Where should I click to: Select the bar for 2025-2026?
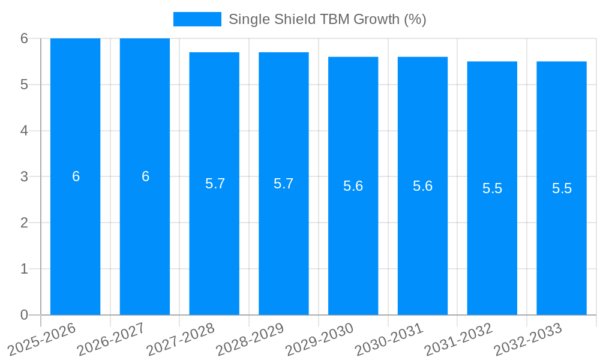pyautogui.click(x=75, y=176)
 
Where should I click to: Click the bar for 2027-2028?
pyautogui.click(x=214, y=184)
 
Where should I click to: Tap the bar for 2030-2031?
pyautogui.click(x=422, y=186)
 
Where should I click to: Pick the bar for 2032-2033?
pyautogui.click(x=562, y=188)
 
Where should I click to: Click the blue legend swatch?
pyautogui.click(x=197, y=19)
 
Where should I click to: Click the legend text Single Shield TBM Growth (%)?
pyautogui.click(x=327, y=19)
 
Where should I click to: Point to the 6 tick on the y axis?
pyautogui.click(x=24, y=38)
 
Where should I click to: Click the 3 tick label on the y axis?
pyautogui.click(x=24, y=177)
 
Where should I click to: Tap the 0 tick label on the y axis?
pyautogui.click(x=24, y=315)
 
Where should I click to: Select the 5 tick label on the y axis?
pyautogui.click(x=24, y=85)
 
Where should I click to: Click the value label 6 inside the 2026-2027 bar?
pyautogui.click(x=145, y=176)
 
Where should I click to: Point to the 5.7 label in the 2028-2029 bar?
pyautogui.click(x=284, y=184)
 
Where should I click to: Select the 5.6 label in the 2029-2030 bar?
pyautogui.click(x=353, y=186)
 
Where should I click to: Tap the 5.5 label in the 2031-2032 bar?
pyautogui.click(x=492, y=188)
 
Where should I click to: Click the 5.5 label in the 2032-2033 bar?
pyautogui.click(x=562, y=188)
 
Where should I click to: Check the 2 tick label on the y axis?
pyautogui.click(x=24, y=223)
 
